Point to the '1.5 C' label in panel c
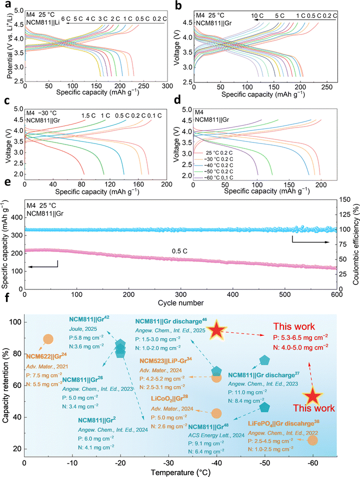click(89, 116)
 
